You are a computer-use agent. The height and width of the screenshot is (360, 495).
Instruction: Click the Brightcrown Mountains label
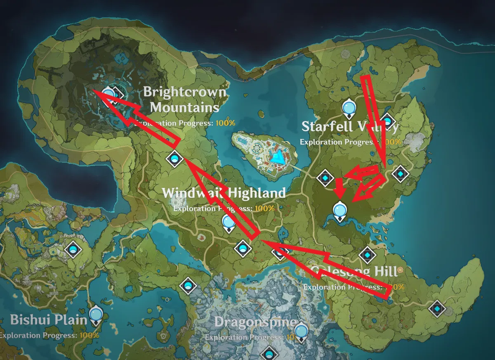[x=184, y=99]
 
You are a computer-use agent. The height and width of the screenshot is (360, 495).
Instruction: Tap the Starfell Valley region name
[x=350, y=126]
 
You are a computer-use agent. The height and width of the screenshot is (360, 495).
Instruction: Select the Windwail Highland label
[x=224, y=193]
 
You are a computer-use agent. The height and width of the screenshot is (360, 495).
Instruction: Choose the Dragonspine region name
[x=255, y=322]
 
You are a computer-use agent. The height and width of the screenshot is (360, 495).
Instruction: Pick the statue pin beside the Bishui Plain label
[x=96, y=314]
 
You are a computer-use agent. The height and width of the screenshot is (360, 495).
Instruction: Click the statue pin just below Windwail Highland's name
[x=228, y=223]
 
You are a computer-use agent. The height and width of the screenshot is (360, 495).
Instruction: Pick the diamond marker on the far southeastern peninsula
[x=436, y=308]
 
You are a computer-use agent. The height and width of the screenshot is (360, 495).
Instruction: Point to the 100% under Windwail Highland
[x=264, y=208]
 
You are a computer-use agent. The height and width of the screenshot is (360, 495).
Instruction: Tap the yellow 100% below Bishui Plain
[x=89, y=335]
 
